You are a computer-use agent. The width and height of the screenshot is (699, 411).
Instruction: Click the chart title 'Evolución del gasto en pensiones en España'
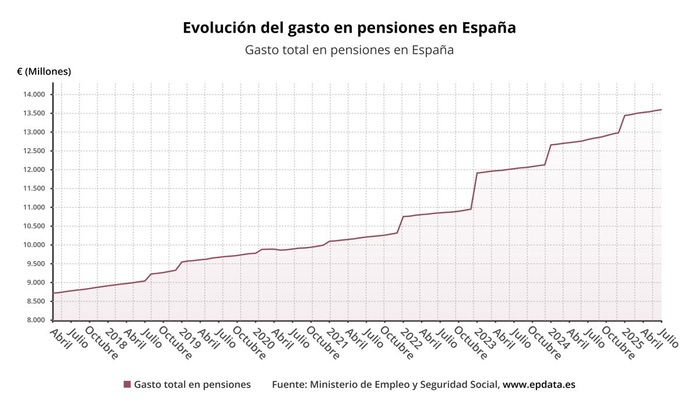(349, 28)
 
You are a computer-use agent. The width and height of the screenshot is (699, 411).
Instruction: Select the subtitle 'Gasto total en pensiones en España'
(349, 50)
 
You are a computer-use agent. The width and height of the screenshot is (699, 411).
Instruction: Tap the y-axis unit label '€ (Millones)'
(44, 72)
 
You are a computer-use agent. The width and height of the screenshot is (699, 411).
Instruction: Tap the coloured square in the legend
(127, 385)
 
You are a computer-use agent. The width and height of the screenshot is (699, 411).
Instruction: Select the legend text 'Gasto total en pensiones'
(192, 385)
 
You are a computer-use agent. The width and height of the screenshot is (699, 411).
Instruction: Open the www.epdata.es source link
(539, 385)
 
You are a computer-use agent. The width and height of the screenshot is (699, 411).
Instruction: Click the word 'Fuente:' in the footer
(290, 385)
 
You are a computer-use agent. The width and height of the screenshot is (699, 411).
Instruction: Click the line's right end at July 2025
(661, 110)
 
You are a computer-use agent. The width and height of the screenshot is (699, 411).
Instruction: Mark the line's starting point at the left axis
(54, 293)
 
